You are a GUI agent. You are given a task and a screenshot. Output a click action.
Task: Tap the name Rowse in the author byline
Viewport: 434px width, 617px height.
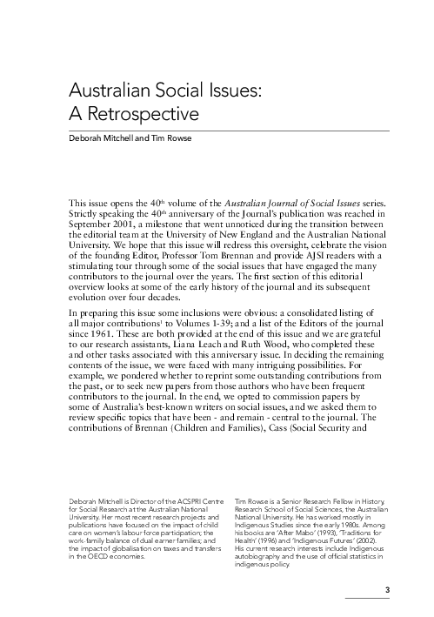coord(172,136)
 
